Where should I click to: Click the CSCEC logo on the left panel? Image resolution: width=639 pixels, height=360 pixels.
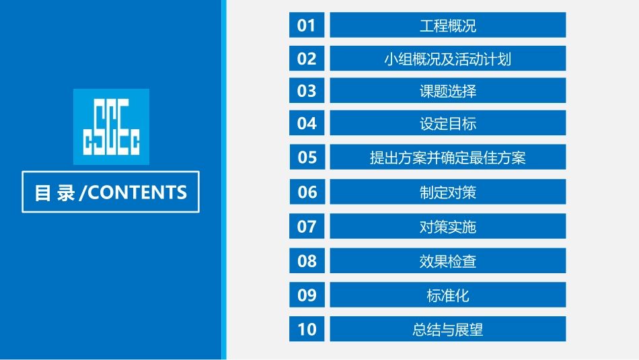pyautogui.click(x=111, y=127)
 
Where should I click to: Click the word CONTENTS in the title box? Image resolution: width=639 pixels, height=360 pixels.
pyautogui.click(x=137, y=192)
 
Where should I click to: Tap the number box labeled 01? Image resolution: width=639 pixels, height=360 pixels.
pyautogui.click(x=307, y=26)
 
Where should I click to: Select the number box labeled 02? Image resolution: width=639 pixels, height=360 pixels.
pyautogui.click(x=307, y=59)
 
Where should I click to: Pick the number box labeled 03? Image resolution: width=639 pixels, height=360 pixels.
pyautogui.click(x=307, y=91)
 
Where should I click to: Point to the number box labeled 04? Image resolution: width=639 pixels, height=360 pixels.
pyautogui.click(x=307, y=123)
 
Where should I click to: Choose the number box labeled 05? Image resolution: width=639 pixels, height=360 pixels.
pyautogui.click(x=307, y=157)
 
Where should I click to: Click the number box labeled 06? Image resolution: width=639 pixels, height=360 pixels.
pyautogui.click(x=307, y=192)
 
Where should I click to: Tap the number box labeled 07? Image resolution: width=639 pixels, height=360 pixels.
pyautogui.click(x=307, y=227)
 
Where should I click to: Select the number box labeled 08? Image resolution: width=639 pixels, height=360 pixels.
pyautogui.click(x=307, y=260)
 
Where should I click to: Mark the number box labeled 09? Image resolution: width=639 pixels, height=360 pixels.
pyautogui.click(x=307, y=295)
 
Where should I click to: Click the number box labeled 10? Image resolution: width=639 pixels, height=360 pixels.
pyautogui.click(x=307, y=329)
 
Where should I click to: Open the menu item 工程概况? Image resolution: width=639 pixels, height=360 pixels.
pyautogui.click(x=447, y=26)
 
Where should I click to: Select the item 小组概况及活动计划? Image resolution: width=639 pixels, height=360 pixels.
pyautogui.click(x=447, y=59)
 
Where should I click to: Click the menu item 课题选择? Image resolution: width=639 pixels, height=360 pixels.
pyautogui.click(x=447, y=91)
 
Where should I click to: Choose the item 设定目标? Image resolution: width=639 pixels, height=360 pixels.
pyautogui.click(x=447, y=123)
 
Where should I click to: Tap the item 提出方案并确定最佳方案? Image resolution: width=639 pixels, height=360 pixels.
pyautogui.click(x=447, y=157)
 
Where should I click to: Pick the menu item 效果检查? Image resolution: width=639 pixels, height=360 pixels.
pyautogui.click(x=447, y=260)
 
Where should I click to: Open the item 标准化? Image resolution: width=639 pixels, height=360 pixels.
pyautogui.click(x=447, y=295)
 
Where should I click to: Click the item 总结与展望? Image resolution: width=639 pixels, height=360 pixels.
pyautogui.click(x=447, y=329)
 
